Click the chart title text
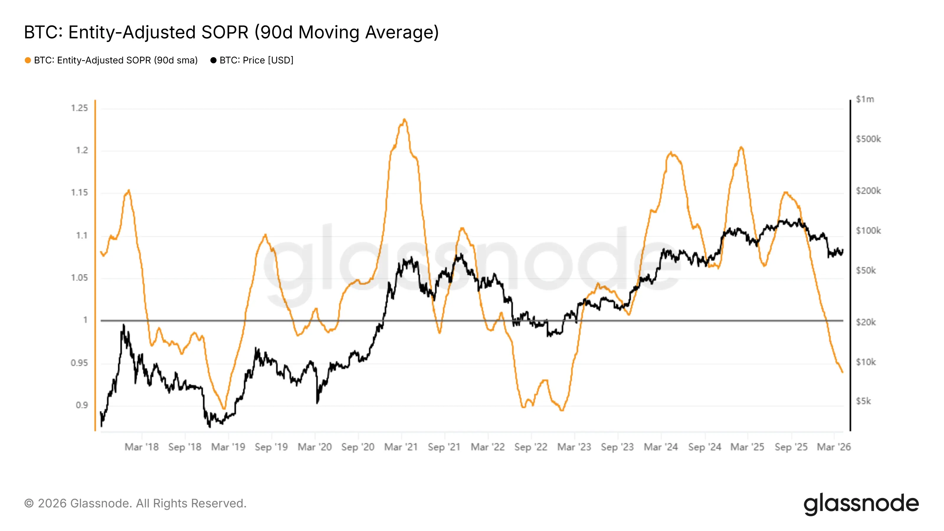231,32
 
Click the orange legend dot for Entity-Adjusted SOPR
28,60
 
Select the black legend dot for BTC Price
213,60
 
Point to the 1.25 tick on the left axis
80,108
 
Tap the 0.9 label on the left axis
82,405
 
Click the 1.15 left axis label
80,193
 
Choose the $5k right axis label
863,401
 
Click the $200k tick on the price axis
868,191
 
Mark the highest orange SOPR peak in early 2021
404,119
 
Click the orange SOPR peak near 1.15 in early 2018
129,190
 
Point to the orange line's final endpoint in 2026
843,372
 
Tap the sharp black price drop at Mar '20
317,403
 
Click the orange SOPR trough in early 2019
224,409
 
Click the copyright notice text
135,504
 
